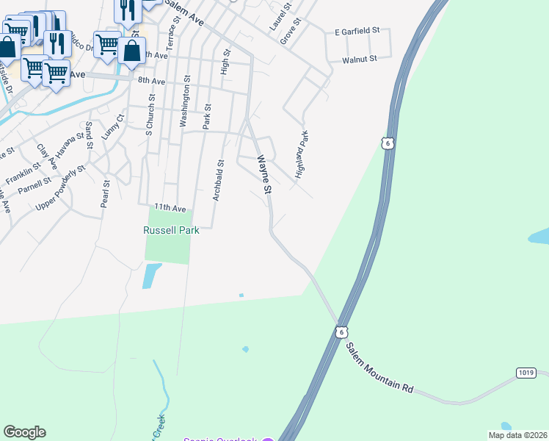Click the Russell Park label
click(171, 229)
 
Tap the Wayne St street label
click(263, 174)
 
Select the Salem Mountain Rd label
click(381, 368)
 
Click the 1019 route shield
click(525, 373)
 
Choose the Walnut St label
click(359, 59)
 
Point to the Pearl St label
click(106, 193)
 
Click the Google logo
click(25, 432)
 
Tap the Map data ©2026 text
click(517, 435)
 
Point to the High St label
click(225, 62)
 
